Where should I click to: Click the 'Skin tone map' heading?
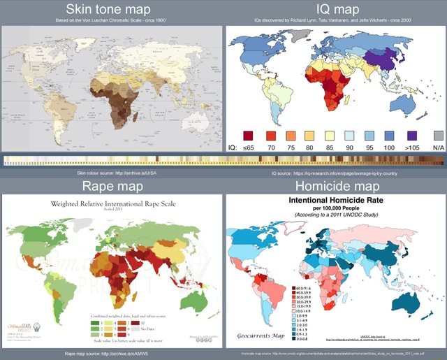(112, 10)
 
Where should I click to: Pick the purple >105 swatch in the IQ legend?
(411, 135)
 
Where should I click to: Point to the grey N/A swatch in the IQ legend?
(438, 135)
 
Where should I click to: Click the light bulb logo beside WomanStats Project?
(36, 327)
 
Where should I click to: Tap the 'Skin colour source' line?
(112, 173)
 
